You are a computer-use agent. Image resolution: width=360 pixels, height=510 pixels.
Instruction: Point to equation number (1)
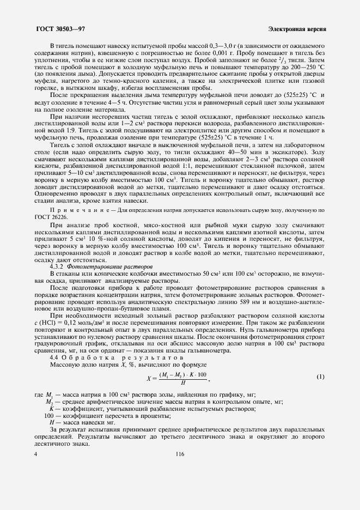[x=321, y=377]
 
